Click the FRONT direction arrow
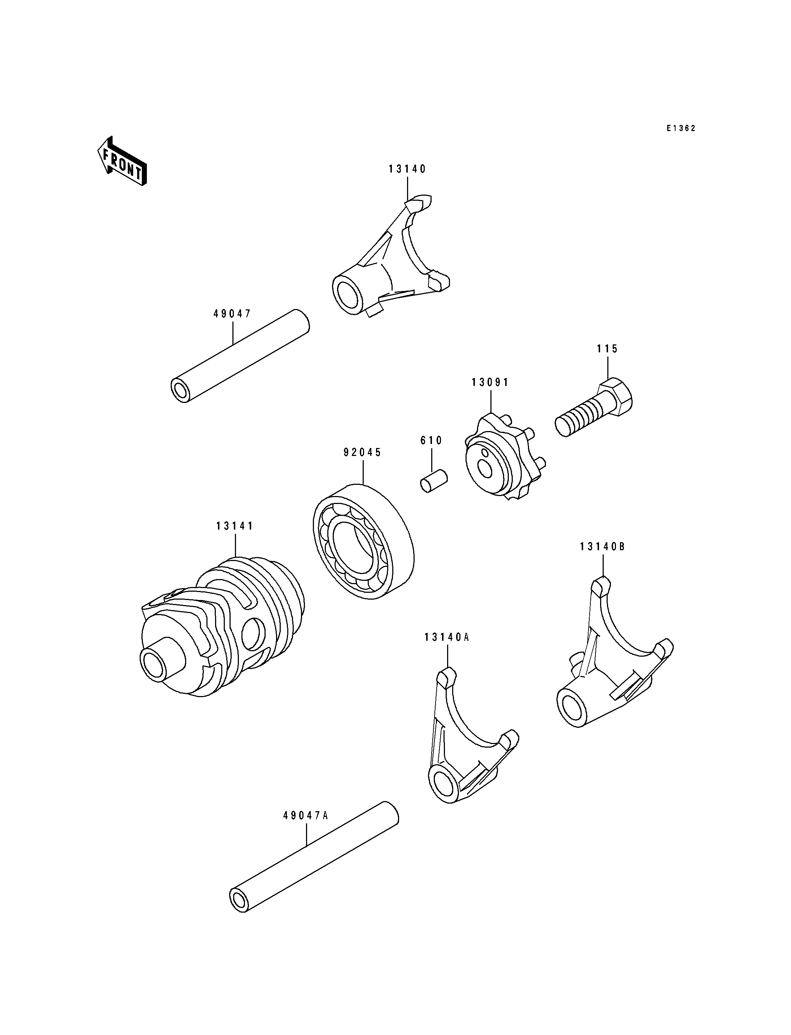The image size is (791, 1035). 122,161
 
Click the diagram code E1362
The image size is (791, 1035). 681,128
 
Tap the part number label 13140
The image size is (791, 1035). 407,169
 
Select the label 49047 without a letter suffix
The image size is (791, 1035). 233,314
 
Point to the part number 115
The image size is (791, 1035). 607,349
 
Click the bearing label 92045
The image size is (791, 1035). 363,452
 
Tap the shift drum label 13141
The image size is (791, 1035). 235,526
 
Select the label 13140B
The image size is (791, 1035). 603,547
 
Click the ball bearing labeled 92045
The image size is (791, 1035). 363,541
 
